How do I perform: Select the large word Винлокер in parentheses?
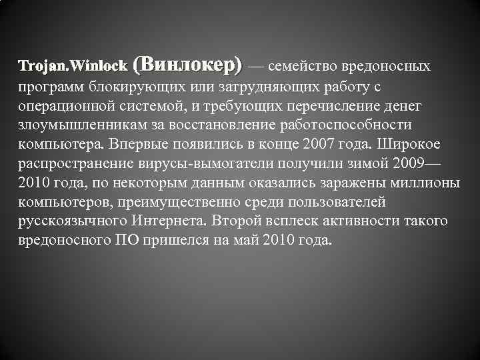click(188, 65)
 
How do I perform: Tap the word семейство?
click(302, 67)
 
